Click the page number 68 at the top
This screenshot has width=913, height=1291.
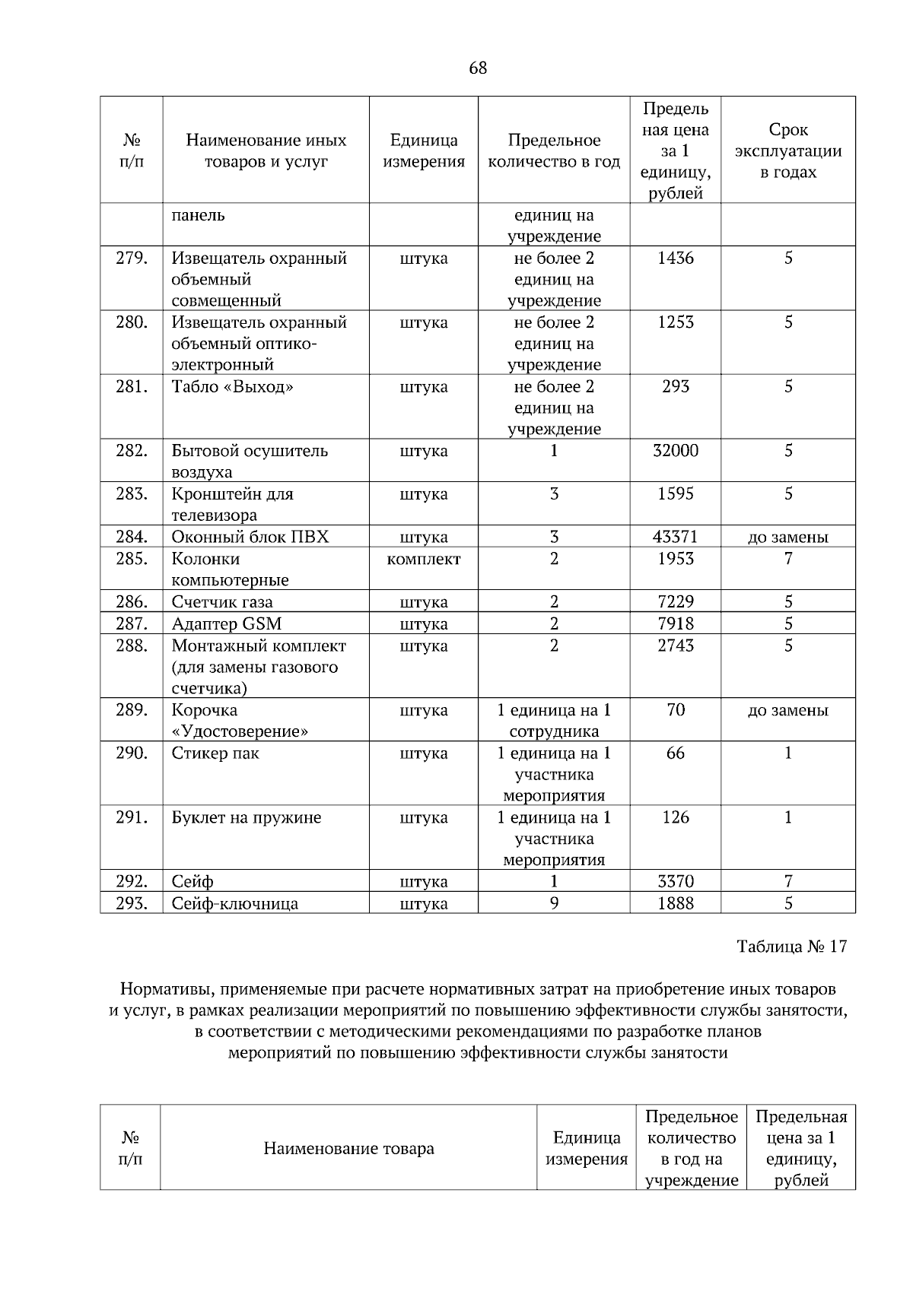coord(477,68)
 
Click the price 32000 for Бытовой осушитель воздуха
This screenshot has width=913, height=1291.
coord(675,451)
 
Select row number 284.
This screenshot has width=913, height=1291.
coord(131,538)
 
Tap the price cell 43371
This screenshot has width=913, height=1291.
coord(675,538)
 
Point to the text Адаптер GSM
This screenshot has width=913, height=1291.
coord(226,624)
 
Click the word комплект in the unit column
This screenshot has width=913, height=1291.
coord(423,560)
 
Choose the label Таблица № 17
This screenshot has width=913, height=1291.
coord(791,947)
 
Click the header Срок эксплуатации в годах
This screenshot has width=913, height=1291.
coord(787,151)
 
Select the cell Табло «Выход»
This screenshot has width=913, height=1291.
coord(232,387)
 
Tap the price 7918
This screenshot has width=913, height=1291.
coord(675,624)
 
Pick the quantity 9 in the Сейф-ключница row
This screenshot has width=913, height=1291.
coord(553,903)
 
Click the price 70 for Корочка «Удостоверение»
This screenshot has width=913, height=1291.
coord(675,710)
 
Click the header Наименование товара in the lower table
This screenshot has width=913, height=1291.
coord(348,1148)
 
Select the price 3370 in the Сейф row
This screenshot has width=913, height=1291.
coord(675,882)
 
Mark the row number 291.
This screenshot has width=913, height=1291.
coord(131,818)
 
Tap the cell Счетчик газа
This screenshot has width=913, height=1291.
coord(221,602)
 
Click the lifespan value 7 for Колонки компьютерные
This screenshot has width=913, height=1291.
coord(787,560)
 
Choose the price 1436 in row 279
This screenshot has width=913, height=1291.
coord(675,259)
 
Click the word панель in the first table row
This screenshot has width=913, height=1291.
coord(198,215)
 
